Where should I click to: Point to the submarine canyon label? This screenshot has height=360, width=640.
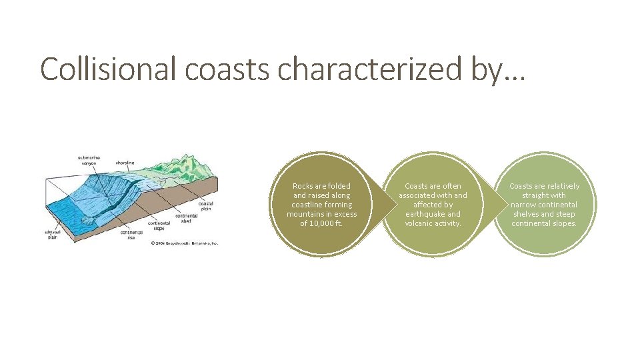pos(87,161)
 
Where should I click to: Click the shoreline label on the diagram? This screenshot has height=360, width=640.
pos(125,162)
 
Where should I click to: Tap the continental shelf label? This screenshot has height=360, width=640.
pos(186,219)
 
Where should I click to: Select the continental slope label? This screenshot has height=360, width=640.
pos(159,225)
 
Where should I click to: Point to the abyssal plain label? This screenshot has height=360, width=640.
pos(53,235)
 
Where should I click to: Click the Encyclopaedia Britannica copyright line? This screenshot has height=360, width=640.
pos(184,243)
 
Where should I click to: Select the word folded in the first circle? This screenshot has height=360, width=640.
pos(338,186)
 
